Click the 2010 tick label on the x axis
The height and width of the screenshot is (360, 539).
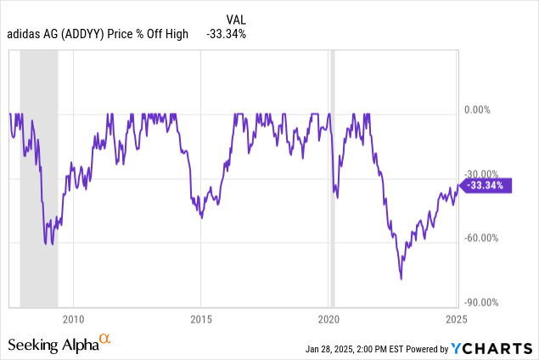[73, 319]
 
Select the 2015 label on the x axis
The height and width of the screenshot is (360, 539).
[201, 319]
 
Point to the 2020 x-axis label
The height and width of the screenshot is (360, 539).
[328, 319]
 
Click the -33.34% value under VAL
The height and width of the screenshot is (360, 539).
[227, 33]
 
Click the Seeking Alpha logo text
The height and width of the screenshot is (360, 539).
[53, 345]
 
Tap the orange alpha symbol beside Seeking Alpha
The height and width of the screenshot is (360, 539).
[105, 340]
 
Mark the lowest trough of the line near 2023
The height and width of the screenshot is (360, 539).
[401, 278]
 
